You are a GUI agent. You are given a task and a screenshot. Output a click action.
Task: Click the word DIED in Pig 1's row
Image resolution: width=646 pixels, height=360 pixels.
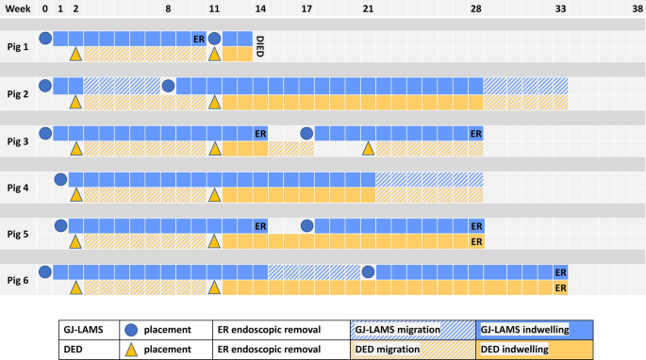[x=260, y=46]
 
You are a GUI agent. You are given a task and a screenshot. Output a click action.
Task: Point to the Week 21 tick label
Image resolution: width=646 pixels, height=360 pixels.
[x=367, y=8]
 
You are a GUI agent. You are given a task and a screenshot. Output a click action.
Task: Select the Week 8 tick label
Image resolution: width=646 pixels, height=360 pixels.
[x=168, y=8]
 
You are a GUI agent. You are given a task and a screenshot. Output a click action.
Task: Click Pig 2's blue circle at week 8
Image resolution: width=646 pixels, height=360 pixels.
[x=168, y=86]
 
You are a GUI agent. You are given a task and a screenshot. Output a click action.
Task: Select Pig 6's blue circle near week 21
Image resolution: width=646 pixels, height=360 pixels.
[x=368, y=271]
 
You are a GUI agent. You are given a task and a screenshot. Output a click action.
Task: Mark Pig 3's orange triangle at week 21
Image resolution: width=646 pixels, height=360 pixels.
[x=368, y=148]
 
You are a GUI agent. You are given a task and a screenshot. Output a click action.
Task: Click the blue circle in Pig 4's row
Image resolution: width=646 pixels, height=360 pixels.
[x=59, y=179]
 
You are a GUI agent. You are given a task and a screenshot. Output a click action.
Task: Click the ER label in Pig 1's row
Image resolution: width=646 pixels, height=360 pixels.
[x=198, y=40]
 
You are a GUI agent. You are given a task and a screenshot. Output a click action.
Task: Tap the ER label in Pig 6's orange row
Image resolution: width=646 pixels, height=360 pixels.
[x=560, y=287]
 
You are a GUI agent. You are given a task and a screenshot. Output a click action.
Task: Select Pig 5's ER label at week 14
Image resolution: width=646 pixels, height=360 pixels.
[x=260, y=226]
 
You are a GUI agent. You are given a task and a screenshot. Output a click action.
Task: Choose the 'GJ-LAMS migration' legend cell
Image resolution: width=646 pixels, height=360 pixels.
[x=410, y=330]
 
